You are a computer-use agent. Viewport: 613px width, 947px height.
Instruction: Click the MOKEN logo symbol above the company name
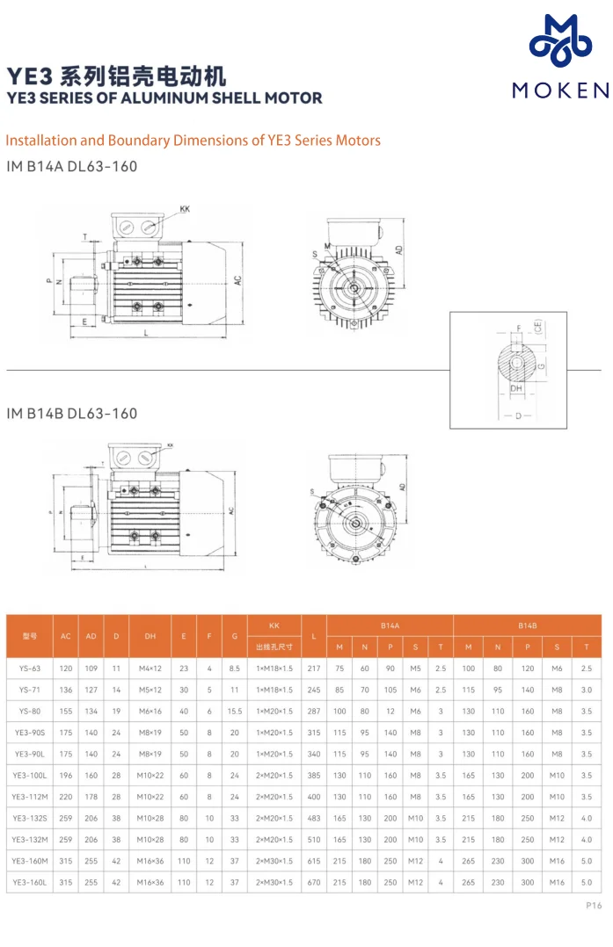(558, 42)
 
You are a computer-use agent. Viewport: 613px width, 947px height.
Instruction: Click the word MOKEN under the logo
(559, 90)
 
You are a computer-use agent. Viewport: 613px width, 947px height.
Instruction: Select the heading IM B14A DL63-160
(71, 166)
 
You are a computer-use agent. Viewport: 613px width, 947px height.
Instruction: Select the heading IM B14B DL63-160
(71, 413)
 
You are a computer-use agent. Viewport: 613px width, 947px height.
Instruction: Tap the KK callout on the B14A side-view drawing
(185, 209)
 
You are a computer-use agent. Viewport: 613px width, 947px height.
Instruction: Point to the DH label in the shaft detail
(517, 387)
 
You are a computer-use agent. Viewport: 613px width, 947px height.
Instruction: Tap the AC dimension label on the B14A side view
(237, 280)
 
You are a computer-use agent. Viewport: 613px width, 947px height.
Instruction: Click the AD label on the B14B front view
(401, 486)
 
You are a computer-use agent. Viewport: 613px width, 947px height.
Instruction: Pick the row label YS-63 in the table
(29, 669)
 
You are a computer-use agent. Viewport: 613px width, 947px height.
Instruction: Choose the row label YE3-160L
(29, 881)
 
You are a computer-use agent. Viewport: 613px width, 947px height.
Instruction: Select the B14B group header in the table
(527, 625)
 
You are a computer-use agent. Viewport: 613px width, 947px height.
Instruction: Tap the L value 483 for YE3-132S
(314, 818)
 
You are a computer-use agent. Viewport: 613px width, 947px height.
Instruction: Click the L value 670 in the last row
(314, 881)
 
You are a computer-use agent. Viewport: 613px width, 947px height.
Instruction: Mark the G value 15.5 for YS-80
(234, 711)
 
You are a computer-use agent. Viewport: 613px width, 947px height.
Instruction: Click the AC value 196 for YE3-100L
(66, 775)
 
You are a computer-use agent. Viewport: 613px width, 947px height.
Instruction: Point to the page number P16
(594, 906)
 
